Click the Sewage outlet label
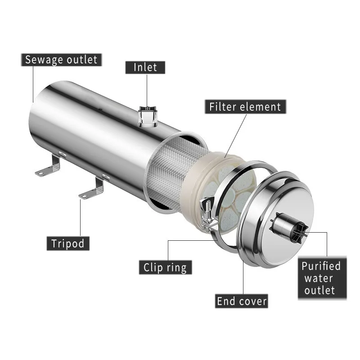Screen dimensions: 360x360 (61, 60)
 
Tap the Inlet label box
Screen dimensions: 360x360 (145, 67)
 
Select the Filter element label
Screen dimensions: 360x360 (245, 107)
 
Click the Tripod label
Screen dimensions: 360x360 (68, 243)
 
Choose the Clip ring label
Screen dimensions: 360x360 (165, 267)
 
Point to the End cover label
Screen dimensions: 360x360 (242, 301)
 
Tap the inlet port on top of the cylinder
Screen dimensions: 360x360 (147, 116)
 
